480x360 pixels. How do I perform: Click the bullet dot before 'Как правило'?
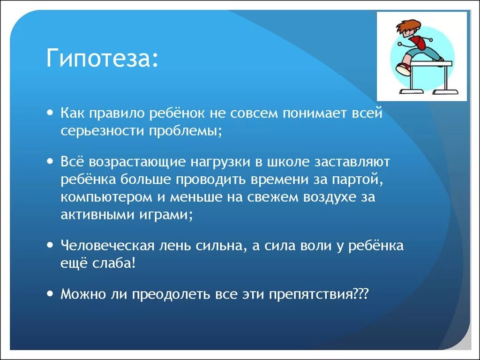tap(51, 112)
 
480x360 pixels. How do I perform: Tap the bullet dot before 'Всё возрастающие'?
tap(51, 161)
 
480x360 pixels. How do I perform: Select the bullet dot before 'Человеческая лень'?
tap(51, 245)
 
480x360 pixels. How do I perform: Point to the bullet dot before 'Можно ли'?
tap(51, 293)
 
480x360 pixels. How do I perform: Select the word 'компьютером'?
tap(106, 197)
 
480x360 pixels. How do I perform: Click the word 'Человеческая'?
tap(107, 246)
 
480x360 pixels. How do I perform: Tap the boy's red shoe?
tap(403, 68)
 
